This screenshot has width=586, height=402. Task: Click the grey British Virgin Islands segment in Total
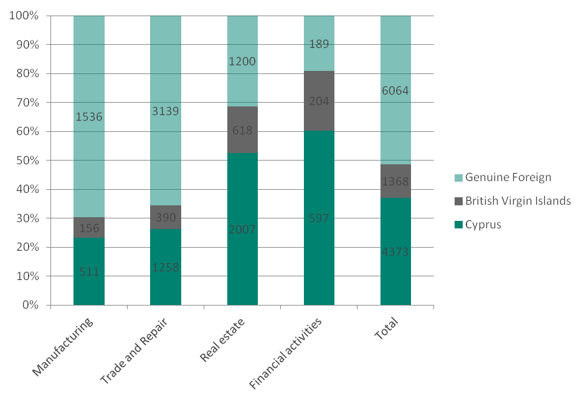click(396, 181)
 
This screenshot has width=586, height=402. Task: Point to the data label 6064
click(396, 91)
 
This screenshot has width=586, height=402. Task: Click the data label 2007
click(242, 230)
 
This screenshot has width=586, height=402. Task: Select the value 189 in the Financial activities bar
click(319, 44)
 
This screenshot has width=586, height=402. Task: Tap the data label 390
click(166, 218)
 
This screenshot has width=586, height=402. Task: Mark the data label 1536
click(89, 116)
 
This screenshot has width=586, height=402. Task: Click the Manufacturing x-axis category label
click(64, 347)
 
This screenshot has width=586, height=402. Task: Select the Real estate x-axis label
click(222, 340)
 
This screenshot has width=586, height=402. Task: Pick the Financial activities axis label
click(286, 353)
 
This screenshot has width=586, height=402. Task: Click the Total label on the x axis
click(386, 328)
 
